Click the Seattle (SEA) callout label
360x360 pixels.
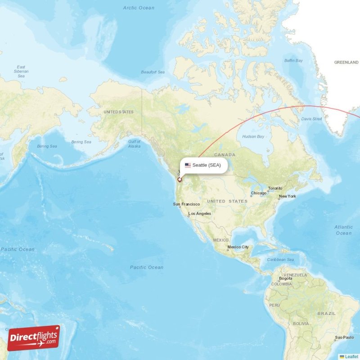point(207,165)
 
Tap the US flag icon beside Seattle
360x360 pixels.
point(188,165)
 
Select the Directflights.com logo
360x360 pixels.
point(34,338)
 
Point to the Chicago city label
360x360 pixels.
point(259,193)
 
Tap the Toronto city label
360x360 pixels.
point(275,188)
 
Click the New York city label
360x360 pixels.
point(287,196)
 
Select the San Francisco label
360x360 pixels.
point(186,204)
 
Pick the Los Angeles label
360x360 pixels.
point(200,213)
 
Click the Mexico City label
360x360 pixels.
point(238,247)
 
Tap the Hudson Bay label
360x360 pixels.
point(253,136)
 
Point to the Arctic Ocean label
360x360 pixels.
point(139,8)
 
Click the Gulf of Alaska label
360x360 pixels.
point(134,144)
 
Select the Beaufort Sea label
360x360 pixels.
point(153,72)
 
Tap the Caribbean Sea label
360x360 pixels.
point(280,260)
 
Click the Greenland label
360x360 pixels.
point(346,63)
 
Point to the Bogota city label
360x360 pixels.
point(286,279)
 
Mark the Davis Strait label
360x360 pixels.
point(311,119)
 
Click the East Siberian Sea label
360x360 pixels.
point(21,72)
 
